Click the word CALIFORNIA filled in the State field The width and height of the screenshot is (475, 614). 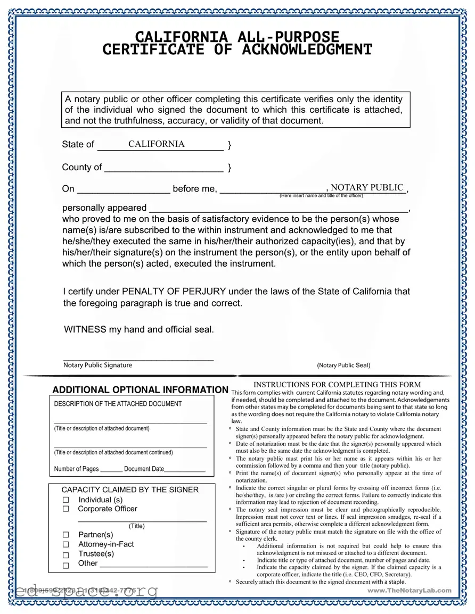[x=156, y=144]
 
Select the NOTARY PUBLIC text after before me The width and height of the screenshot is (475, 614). [x=367, y=187]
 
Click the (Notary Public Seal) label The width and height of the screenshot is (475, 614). [x=343, y=365]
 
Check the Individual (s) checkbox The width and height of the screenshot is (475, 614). [x=66, y=500]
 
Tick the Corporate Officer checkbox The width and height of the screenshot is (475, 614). [x=66, y=509]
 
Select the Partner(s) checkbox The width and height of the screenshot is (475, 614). [x=66, y=535]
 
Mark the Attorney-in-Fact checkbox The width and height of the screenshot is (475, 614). [x=66, y=544]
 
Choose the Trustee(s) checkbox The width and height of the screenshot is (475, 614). [x=66, y=554]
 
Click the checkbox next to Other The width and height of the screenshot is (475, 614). [x=66, y=565]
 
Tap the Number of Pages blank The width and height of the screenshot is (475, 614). [x=111, y=470]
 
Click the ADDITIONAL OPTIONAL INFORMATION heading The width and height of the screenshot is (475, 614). [x=140, y=390]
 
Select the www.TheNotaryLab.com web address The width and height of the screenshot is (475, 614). [x=410, y=590]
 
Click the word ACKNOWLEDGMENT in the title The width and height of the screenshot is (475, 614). [x=307, y=50]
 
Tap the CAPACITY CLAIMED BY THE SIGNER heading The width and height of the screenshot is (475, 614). [x=130, y=489]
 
